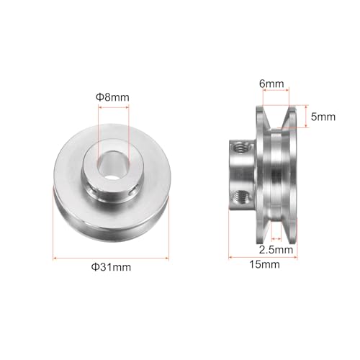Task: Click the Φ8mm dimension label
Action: [x=114, y=96]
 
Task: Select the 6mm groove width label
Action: [x=276, y=84]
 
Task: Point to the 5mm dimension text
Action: [x=315, y=114]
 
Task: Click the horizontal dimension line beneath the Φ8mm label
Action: [x=114, y=108]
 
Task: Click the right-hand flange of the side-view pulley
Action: [x=289, y=173]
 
